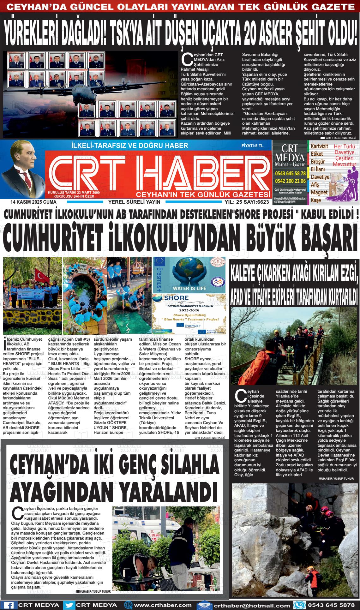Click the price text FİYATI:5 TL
(x=252, y=146)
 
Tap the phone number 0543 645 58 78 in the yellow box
(x=290, y=173)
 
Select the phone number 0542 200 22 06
(x=290, y=181)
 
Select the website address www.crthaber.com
(x=163, y=605)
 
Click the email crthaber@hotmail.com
(x=252, y=605)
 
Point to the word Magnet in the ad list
(x=319, y=192)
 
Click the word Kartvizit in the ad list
(x=320, y=147)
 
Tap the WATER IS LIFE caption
(x=189, y=288)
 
